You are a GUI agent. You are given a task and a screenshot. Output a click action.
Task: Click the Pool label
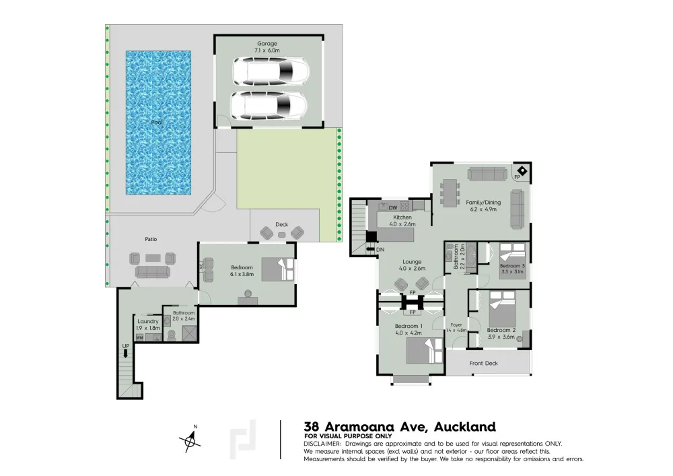pyautogui.click(x=157, y=123)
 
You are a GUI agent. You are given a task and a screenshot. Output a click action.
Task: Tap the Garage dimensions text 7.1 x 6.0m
pyautogui.click(x=267, y=50)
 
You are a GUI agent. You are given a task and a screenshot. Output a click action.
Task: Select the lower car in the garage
pyautogui.click(x=269, y=105)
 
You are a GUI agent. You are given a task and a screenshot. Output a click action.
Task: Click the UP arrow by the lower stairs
pyautogui.click(x=126, y=353)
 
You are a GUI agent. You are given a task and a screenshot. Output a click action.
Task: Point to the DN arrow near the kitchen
pyautogui.click(x=370, y=249)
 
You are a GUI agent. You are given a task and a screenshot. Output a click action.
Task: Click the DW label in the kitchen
pyautogui.click(x=393, y=208)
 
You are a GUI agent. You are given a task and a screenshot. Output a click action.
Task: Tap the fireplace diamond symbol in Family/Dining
pyautogui.click(x=522, y=170)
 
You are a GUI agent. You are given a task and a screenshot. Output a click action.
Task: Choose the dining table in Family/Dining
pyautogui.click(x=450, y=193)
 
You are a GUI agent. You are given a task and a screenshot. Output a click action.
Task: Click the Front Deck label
pyautogui.click(x=484, y=363)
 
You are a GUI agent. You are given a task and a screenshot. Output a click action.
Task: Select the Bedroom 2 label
pyautogui.click(x=501, y=330)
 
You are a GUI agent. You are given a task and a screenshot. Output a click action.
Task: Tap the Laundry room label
pyautogui.click(x=148, y=321)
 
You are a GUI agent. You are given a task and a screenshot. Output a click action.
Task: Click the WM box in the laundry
pyautogui.click(x=139, y=338)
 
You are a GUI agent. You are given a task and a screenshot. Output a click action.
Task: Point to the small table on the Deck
pyautogui.click(x=281, y=234)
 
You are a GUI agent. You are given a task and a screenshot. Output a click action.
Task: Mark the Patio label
pyautogui.click(x=151, y=239)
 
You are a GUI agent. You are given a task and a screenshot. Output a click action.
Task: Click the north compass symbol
pyautogui.click(x=190, y=440)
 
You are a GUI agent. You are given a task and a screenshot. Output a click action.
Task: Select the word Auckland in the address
pyautogui.click(x=465, y=427)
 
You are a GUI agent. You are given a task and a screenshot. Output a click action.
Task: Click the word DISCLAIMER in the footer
pyautogui.click(x=322, y=444)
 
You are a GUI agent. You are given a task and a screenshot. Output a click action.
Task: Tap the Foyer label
pyautogui.click(x=456, y=325)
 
